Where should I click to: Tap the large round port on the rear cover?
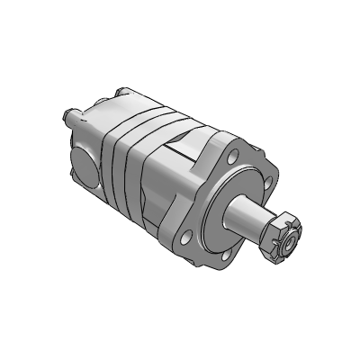[x=81, y=166]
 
